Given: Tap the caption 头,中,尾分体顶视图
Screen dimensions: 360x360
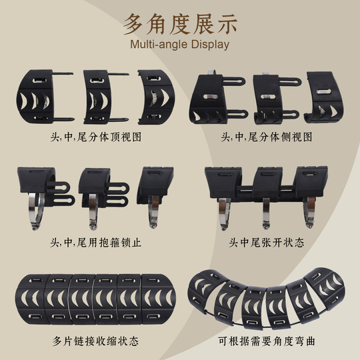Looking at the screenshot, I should (89, 137).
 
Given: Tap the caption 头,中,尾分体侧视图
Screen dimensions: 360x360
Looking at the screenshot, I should (267, 137).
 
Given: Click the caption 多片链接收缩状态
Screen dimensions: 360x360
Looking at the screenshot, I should (89, 341).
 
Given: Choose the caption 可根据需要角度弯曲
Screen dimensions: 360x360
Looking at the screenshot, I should (267, 341).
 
